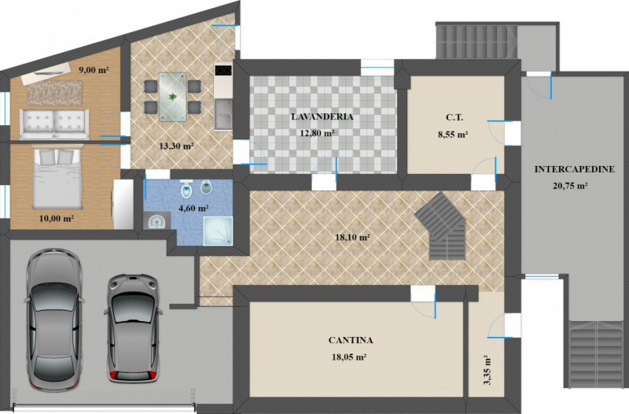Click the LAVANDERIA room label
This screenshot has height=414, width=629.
322,116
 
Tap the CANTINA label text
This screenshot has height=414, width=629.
351,340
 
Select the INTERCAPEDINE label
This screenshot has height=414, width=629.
574,169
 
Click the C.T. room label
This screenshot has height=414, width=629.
454,117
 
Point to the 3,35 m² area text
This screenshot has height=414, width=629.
488,370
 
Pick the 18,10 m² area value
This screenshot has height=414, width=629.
352,238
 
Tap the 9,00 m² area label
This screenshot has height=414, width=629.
94,70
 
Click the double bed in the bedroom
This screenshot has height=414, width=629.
57,176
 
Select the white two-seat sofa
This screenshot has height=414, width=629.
54,124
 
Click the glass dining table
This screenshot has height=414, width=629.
172,97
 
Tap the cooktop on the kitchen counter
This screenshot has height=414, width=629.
223,70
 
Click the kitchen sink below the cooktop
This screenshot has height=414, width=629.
223,114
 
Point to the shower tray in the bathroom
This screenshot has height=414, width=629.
218,231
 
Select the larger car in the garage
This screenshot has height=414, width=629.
53,320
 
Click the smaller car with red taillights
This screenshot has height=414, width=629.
133,328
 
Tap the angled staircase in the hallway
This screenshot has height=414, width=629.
441,226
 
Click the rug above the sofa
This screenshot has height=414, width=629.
54,93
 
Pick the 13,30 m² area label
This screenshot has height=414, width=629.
176,146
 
